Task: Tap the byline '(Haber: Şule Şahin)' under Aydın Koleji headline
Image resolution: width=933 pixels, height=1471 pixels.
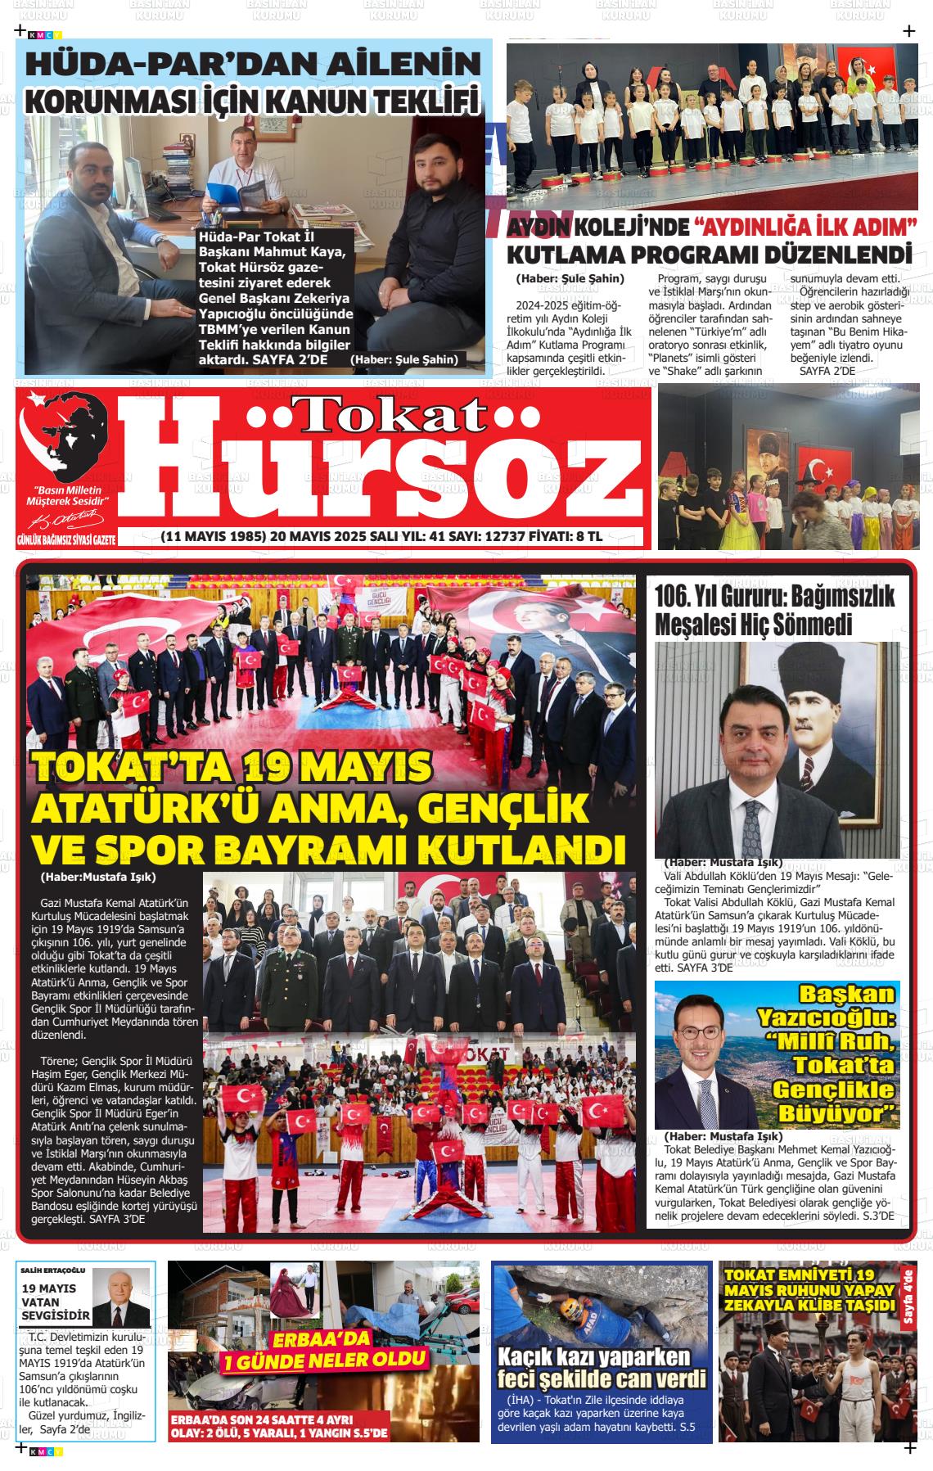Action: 570,278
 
